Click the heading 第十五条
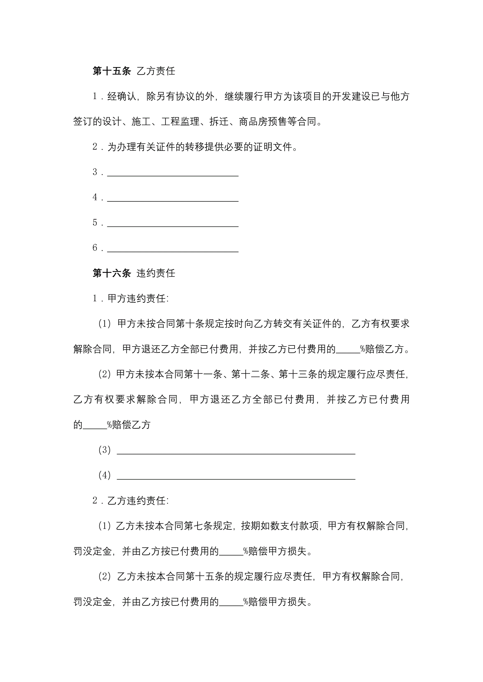click(111, 71)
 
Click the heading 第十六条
click(111, 273)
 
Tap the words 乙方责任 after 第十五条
click(156, 71)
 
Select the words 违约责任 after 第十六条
click(156, 273)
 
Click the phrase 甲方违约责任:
click(138, 298)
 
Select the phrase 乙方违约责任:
click(138, 501)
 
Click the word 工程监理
click(180, 121)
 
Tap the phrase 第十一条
click(203, 374)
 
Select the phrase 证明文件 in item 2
click(273, 147)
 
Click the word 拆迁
click(219, 121)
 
